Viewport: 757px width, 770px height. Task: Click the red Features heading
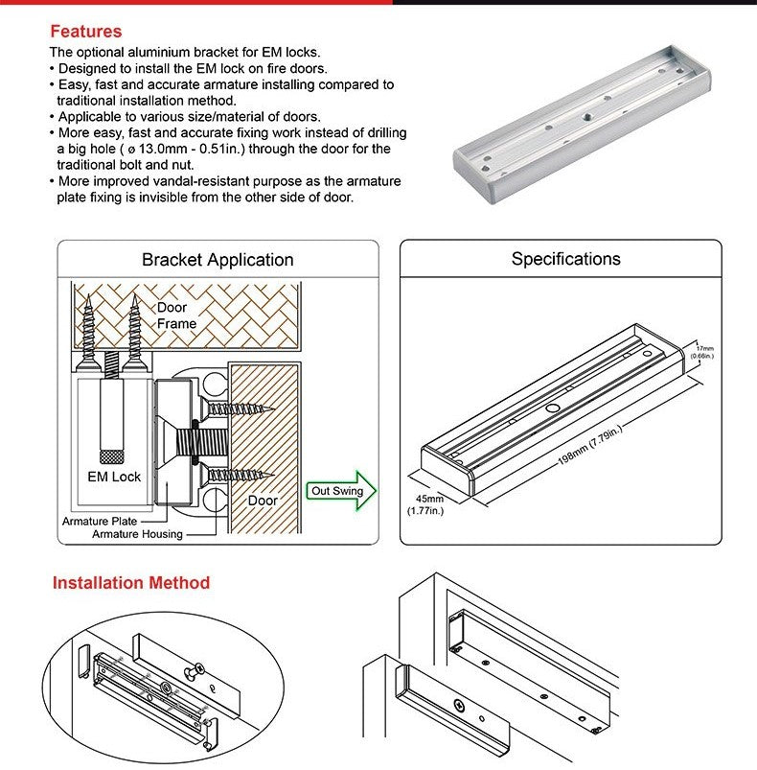click(85, 32)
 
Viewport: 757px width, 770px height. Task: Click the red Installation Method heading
click(130, 582)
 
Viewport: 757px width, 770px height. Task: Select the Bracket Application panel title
click(218, 260)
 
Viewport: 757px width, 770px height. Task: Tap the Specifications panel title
click(565, 259)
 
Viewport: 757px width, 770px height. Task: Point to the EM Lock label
click(113, 477)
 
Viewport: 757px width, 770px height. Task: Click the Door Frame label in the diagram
click(176, 315)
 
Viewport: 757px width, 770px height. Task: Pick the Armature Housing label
click(137, 533)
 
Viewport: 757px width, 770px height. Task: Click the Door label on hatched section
click(263, 500)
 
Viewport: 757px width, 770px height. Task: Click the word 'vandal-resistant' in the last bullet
click(214, 181)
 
